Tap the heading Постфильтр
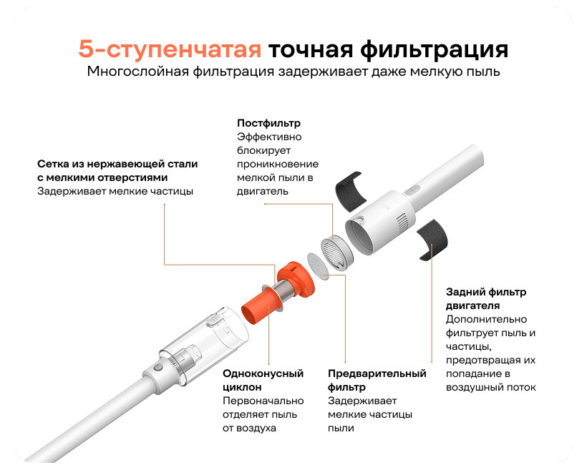click(268, 123)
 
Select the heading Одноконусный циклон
click(263, 380)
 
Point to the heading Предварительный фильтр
click(377, 380)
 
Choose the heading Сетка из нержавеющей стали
click(117, 164)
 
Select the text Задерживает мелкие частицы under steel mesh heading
click(115, 191)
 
